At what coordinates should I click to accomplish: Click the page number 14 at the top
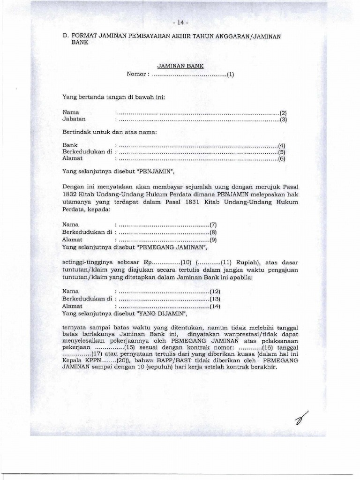pos(180,22)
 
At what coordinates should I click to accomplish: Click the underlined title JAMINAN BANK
pos(180,67)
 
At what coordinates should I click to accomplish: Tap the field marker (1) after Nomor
pos(230,74)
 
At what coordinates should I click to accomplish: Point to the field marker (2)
pos(283,113)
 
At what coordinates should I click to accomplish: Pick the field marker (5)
pos(282,152)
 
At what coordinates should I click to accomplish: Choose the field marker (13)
pos(215,299)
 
